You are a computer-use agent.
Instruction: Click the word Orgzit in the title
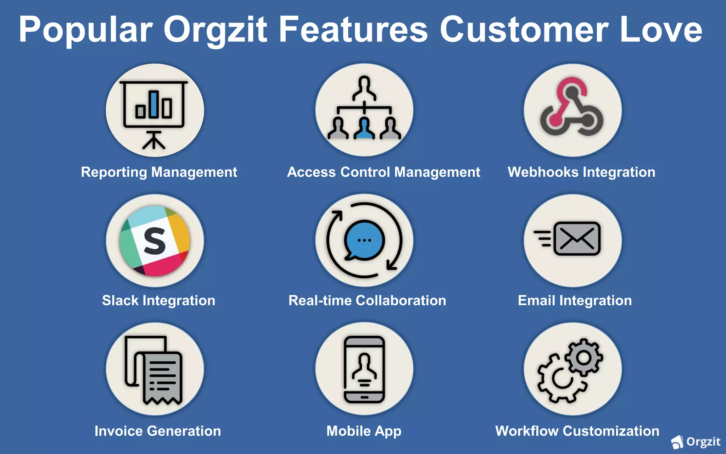(x=215, y=30)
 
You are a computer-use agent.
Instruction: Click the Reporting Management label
(x=159, y=172)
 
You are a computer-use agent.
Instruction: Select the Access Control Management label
(x=384, y=172)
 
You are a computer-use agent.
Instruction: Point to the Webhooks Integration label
(x=581, y=172)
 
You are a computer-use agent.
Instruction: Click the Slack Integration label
(x=158, y=301)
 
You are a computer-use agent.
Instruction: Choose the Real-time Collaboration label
(x=367, y=301)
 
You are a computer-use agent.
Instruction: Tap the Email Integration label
(x=575, y=301)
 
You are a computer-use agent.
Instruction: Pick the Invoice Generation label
(x=158, y=431)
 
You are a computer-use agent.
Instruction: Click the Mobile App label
(x=364, y=431)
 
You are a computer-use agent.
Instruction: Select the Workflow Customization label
(x=577, y=431)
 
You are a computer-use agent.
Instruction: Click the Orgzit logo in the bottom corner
(x=696, y=442)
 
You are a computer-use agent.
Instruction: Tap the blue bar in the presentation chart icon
(x=154, y=104)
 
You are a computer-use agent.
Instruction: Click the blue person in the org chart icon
(x=364, y=129)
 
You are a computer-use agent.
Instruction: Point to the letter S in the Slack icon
(x=155, y=241)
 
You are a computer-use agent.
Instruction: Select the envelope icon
(x=577, y=239)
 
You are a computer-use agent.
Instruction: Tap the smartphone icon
(x=364, y=369)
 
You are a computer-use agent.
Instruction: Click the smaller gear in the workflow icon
(x=583, y=358)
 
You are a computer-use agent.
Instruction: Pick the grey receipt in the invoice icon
(x=163, y=378)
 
